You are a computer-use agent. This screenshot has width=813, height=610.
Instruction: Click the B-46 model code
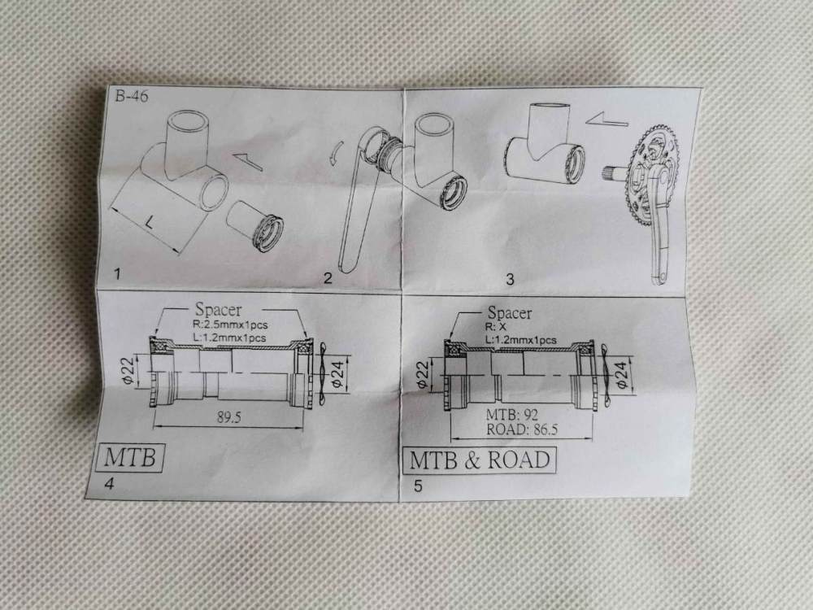coord(131,97)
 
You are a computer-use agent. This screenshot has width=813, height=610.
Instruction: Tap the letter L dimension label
coord(149,223)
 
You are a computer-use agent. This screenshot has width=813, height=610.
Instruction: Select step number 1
coord(118,274)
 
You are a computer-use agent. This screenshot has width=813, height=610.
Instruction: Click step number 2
coord(328,278)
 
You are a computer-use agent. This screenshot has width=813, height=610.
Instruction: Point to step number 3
coord(510,279)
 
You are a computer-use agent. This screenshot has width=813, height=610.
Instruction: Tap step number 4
coord(110,483)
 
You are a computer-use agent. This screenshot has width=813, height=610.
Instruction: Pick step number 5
coord(418,486)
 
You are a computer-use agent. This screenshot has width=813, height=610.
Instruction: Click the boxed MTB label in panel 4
coord(130,457)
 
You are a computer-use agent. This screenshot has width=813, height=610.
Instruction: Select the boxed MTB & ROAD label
coord(480,460)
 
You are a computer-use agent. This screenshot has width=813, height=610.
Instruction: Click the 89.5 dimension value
coord(228,417)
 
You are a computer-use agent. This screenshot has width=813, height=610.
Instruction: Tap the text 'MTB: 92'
coord(511,415)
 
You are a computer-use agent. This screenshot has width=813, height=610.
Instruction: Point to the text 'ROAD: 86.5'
coord(522,429)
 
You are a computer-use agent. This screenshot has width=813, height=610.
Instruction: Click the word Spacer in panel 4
coord(218,310)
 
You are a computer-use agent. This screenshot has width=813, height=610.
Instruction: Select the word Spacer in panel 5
coord(510,313)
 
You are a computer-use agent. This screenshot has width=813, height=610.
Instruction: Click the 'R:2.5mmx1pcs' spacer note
coord(230,325)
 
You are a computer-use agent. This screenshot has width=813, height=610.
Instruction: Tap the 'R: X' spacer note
coord(496,327)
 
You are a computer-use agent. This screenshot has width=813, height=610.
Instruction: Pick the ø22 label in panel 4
coord(129,370)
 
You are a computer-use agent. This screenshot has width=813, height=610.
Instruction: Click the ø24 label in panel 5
coord(622,374)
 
